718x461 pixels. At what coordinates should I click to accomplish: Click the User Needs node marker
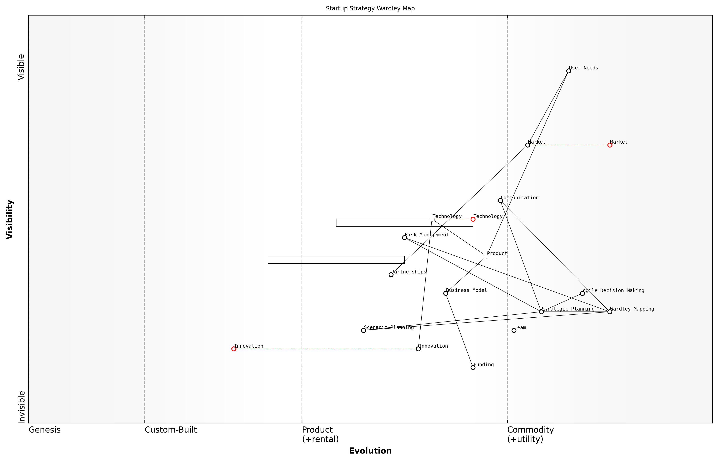(568, 71)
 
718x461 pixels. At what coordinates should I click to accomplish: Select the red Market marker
(610, 145)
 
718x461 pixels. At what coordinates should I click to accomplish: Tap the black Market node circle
(528, 145)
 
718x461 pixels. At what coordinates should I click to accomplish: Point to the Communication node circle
(500, 200)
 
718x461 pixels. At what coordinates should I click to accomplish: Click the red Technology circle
(473, 219)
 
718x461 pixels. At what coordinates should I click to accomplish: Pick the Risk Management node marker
(404, 238)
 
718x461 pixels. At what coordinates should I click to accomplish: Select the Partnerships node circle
(391, 275)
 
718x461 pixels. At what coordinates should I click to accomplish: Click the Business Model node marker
(446, 293)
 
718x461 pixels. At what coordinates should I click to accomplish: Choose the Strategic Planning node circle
(541, 312)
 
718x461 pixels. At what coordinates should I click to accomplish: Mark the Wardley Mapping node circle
(610, 312)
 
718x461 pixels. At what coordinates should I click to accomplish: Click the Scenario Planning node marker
(364, 331)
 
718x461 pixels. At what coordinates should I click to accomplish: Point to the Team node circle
(514, 331)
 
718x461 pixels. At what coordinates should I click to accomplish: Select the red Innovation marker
(234, 349)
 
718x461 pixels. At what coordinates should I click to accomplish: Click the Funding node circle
(473, 368)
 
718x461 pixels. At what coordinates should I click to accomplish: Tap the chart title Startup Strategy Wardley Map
(370, 8)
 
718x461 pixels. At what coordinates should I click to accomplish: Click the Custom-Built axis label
(171, 430)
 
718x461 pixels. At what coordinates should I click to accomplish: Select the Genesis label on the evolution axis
(45, 430)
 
